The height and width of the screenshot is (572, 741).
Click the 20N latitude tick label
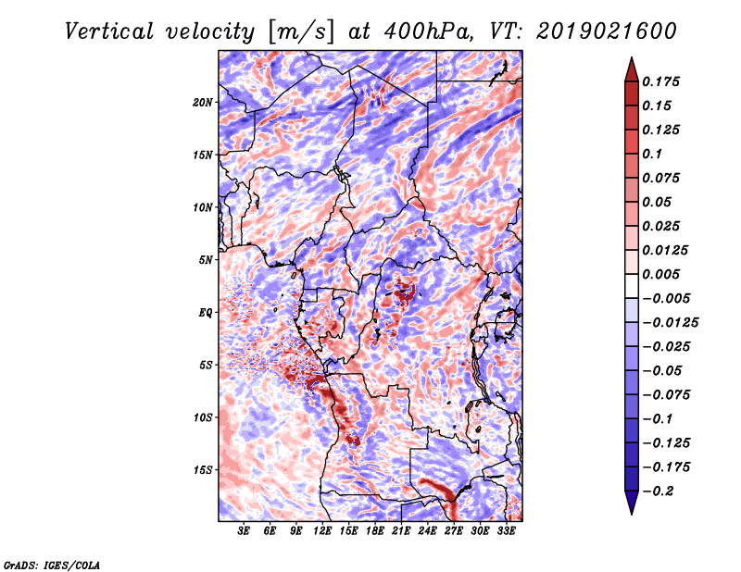[x=203, y=103]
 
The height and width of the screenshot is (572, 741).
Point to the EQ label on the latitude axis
[x=206, y=313]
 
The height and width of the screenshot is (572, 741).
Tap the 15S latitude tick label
[x=203, y=470]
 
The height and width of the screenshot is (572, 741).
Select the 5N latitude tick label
[x=206, y=260]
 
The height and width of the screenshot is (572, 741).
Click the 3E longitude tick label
[x=244, y=531]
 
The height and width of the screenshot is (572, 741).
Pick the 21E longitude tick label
[x=401, y=531]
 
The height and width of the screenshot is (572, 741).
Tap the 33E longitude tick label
[x=506, y=531]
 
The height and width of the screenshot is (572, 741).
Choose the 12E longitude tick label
[x=321, y=531]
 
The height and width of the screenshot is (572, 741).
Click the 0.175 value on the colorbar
[x=660, y=81]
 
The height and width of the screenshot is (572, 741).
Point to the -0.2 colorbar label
[x=658, y=491]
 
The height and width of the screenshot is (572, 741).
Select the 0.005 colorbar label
[x=660, y=274]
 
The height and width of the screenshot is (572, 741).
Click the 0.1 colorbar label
[x=652, y=154]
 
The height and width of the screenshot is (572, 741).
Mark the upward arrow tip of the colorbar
[x=632, y=57]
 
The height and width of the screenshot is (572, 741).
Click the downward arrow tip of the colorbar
[x=632, y=514]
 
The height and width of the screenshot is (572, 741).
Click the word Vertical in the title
[x=109, y=31]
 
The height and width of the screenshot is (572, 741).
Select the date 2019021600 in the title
[x=607, y=31]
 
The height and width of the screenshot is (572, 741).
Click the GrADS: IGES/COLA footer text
[x=52, y=565]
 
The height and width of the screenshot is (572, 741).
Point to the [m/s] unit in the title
[x=301, y=31]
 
